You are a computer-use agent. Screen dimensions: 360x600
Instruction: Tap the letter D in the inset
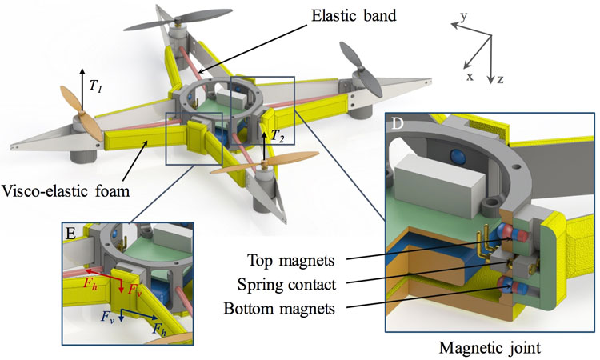[x=397, y=125]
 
